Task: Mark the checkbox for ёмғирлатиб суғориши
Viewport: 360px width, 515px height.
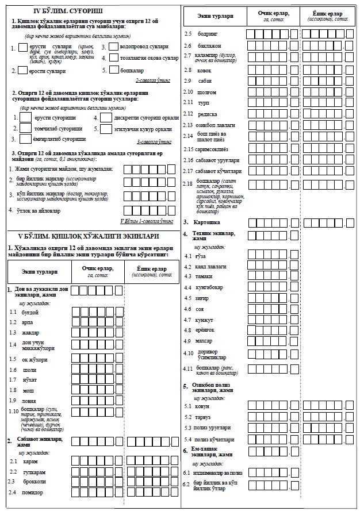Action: pos(25,139)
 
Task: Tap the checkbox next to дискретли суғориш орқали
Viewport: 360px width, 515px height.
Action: pos(106,117)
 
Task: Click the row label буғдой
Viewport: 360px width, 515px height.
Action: pos(29,312)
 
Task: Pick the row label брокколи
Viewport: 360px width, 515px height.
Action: pos(35,482)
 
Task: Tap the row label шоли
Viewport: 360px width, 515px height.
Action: pos(29,371)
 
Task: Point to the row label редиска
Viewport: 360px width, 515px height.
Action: pos(208,114)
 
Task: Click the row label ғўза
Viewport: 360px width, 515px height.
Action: pos(202,256)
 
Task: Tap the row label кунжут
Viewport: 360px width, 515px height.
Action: pos(205,319)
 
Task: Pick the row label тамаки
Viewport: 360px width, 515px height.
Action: pos(205,277)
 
